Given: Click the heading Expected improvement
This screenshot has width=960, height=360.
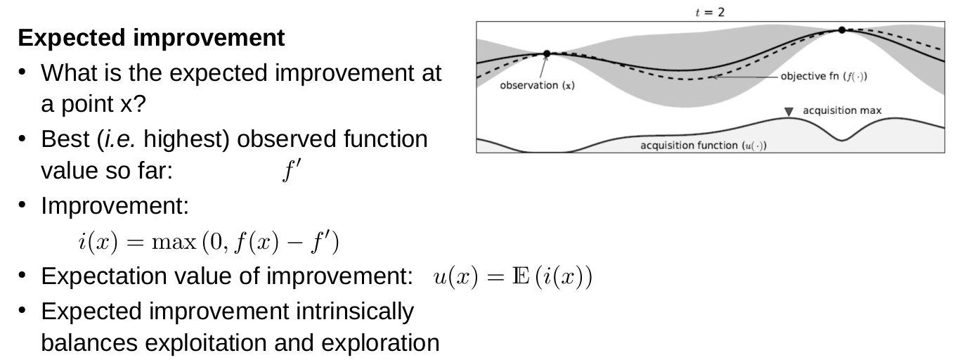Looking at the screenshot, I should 152,39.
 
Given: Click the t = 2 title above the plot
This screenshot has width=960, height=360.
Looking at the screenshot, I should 711,13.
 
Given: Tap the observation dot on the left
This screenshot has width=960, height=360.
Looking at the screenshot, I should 546,53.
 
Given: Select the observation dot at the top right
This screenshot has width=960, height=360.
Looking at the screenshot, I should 841,30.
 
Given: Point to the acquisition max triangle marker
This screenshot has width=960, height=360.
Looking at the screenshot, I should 789,111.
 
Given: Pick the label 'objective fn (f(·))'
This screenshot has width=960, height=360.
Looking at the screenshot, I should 823,76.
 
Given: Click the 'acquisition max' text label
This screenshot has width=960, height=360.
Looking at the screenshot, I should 841,110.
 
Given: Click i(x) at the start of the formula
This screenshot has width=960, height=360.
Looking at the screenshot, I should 94,243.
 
